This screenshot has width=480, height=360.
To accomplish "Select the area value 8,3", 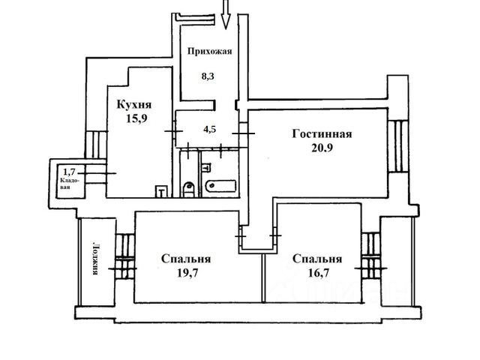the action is [208, 75].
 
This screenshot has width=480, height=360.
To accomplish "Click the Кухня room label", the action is [132, 106].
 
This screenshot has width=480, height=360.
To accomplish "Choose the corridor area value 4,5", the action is [209, 128].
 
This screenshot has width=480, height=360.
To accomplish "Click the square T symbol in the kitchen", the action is [160, 191].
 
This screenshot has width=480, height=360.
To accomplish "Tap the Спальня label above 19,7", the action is [185, 259].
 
